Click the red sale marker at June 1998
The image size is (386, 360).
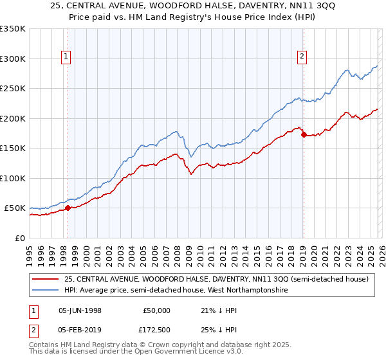click(68, 208)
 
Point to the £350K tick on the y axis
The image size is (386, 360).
click(13, 29)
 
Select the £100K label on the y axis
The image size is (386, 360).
click(13, 178)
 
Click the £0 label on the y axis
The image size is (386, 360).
click(19, 238)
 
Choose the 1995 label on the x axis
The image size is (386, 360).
click(30, 252)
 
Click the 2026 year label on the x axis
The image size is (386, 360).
click(382, 252)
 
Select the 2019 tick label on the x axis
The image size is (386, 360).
click(302, 252)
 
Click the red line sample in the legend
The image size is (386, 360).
click(46, 279)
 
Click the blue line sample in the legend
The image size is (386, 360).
click(46, 291)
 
